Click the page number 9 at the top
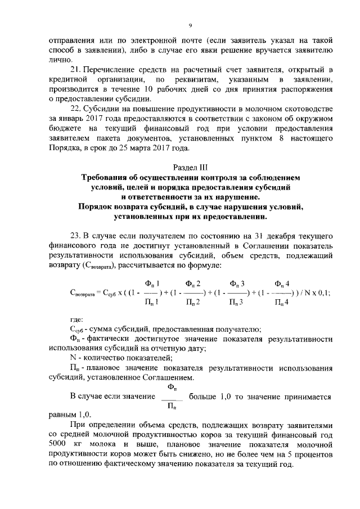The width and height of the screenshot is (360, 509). tap(190, 25)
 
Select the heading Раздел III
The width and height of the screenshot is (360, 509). tap(190, 167)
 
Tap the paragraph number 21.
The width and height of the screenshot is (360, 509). tap(76, 69)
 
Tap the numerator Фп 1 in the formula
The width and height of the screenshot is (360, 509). tap(151, 283)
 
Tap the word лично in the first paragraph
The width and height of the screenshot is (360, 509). tap(60, 59)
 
